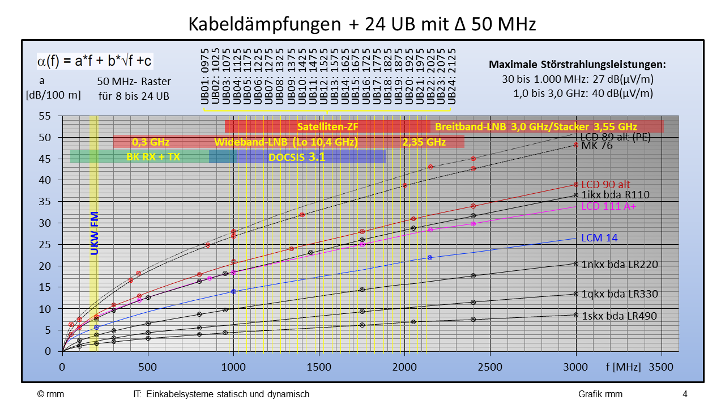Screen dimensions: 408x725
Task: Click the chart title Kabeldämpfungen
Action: point(362,24)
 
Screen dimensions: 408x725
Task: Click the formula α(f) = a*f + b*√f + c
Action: point(95,61)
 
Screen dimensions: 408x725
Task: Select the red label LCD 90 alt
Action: point(605,184)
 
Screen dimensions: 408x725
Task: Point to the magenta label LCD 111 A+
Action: point(609,206)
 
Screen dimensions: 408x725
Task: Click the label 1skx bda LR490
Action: point(619,316)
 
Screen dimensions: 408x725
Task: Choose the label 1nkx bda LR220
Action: point(619,264)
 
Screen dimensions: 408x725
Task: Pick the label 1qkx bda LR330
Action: point(619,294)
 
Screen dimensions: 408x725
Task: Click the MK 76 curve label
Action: point(596,146)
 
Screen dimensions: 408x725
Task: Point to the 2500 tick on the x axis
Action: point(490,367)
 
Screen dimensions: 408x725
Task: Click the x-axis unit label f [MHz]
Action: point(623,367)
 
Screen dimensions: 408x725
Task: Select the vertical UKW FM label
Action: point(95,233)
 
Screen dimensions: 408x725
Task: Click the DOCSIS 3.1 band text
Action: point(297,157)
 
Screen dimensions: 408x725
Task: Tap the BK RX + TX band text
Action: point(153,157)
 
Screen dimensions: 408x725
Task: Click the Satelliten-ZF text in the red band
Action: point(327,126)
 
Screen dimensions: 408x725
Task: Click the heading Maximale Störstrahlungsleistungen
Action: point(577,65)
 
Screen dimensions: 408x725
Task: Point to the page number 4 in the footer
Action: point(685,394)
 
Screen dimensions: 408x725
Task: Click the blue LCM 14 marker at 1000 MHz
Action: point(233,291)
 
